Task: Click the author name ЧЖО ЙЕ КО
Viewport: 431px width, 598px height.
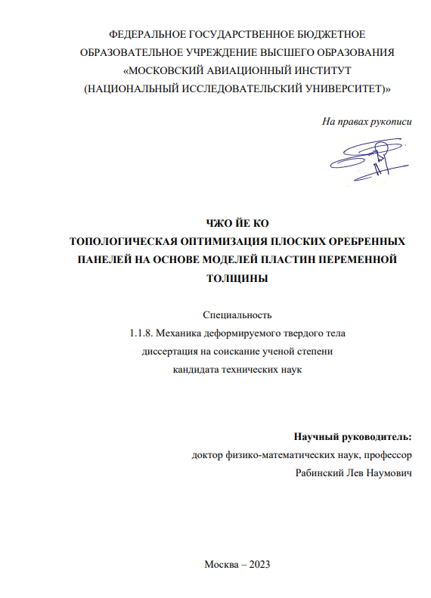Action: pyautogui.click(x=237, y=223)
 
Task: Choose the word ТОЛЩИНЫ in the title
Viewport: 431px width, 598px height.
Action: pyautogui.click(x=237, y=278)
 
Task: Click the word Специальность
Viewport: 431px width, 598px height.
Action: pyautogui.click(x=237, y=314)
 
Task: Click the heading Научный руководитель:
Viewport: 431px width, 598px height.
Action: pyautogui.click(x=353, y=437)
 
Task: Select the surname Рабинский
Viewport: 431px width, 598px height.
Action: pyautogui.click(x=323, y=473)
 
